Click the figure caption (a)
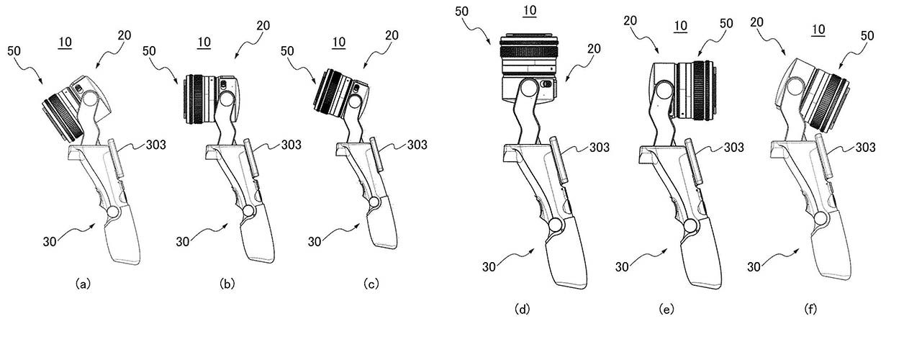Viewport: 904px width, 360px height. (83, 284)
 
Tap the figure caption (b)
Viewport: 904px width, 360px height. (227, 284)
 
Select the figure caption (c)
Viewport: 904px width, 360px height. (371, 284)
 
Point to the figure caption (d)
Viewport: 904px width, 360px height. (522, 309)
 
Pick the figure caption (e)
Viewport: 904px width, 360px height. (666, 309)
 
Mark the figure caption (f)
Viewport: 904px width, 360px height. (810, 309)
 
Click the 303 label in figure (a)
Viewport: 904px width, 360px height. (155, 145)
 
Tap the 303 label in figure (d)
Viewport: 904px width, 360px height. (600, 148)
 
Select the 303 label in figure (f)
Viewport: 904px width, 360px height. (865, 148)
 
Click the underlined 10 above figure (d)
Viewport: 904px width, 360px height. (530, 11)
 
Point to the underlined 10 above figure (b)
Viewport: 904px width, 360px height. (204, 42)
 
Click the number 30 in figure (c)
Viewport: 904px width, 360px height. (315, 242)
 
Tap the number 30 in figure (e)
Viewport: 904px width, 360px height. (622, 267)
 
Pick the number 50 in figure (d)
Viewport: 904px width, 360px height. (461, 12)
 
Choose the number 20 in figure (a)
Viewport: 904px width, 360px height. (125, 35)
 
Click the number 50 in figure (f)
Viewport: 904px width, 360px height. (867, 36)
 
